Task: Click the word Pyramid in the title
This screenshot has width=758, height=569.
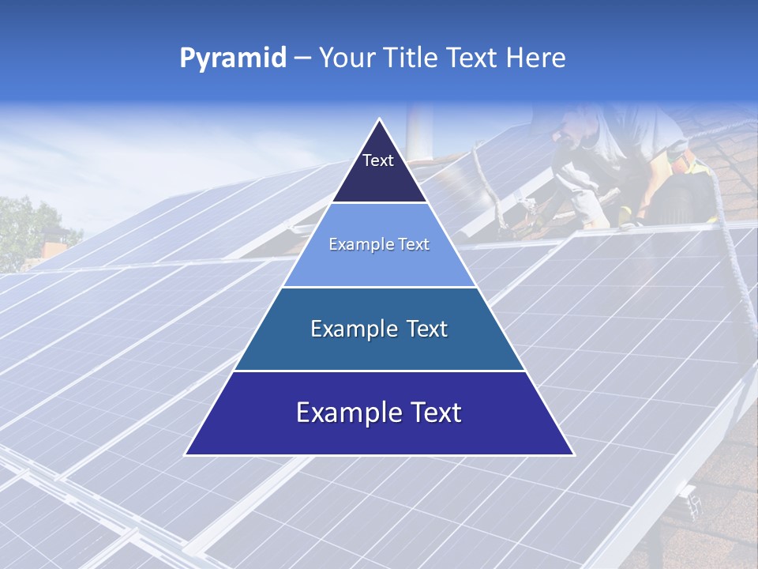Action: click(x=232, y=58)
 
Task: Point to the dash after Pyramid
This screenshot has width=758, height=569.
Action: click(x=302, y=58)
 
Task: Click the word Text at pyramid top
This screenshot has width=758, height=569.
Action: click(x=378, y=160)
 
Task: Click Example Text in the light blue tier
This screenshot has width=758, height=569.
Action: click(x=379, y=245)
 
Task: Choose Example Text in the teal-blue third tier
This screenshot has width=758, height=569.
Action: click(x=379, y=329)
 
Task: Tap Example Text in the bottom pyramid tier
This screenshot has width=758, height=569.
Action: click(x=379, y=413)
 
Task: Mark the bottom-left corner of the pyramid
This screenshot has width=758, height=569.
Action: click(x=186, y=454)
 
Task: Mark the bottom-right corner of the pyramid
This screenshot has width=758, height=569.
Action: click(x=573, y=454)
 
